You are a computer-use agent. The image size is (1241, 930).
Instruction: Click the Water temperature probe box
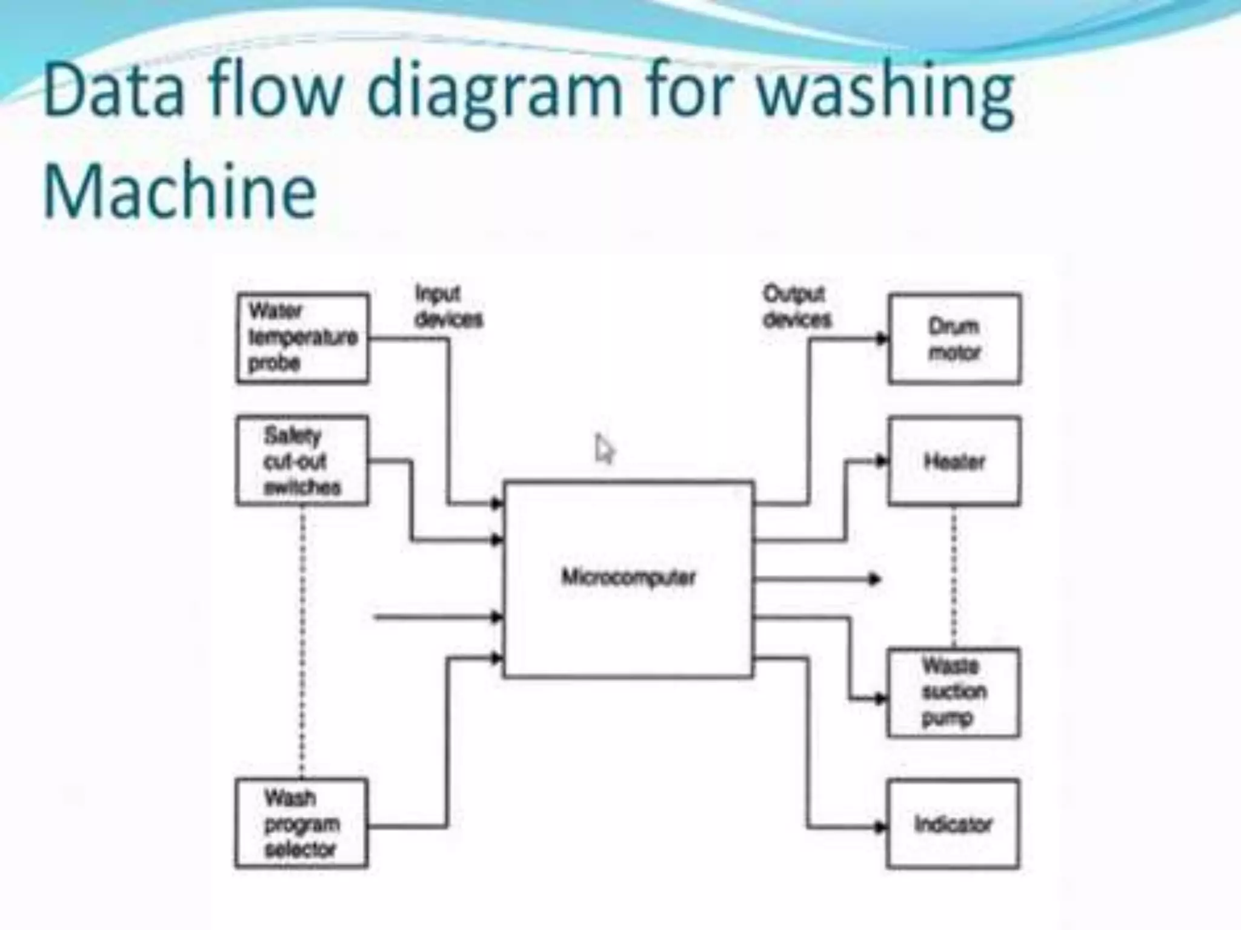(302, 338)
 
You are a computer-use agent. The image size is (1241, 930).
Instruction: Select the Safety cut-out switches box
(302, 461)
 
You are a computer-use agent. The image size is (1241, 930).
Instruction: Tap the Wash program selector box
(301, 823)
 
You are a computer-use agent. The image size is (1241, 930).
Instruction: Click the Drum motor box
(954, 339)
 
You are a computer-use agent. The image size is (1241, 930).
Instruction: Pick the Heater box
(954, 461)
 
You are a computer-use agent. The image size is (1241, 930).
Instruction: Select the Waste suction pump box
(953, 693)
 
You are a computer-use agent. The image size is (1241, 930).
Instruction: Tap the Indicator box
(953, 824)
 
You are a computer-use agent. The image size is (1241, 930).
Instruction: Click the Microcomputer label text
(628, 577)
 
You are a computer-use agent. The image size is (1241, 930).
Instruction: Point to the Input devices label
(448, 306)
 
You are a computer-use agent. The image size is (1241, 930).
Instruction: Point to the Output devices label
(796, 306)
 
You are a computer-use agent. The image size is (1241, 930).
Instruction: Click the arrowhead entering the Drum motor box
(882, 339)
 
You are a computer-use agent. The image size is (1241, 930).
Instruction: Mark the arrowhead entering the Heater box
(882, 461)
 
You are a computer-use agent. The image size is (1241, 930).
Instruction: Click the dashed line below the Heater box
(954, 575)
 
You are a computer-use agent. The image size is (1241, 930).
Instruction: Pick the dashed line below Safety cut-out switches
(302, 642)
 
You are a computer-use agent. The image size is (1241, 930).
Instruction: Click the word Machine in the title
(180, 191)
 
